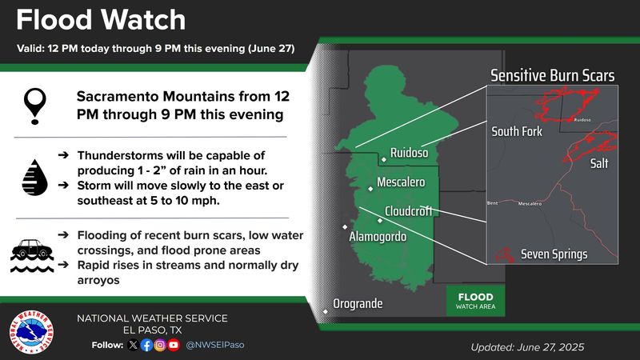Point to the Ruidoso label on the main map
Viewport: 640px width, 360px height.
point(410,153)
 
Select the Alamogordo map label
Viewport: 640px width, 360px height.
point(378,238)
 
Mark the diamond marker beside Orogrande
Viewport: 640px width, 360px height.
point(326,311)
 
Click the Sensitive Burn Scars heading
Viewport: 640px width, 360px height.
point(553,77)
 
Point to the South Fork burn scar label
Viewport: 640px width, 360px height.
point(517,130)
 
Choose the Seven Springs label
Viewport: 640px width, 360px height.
point(554,254)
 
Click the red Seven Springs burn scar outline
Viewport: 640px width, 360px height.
point(505,255)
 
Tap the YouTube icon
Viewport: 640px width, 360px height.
point(174,346)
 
